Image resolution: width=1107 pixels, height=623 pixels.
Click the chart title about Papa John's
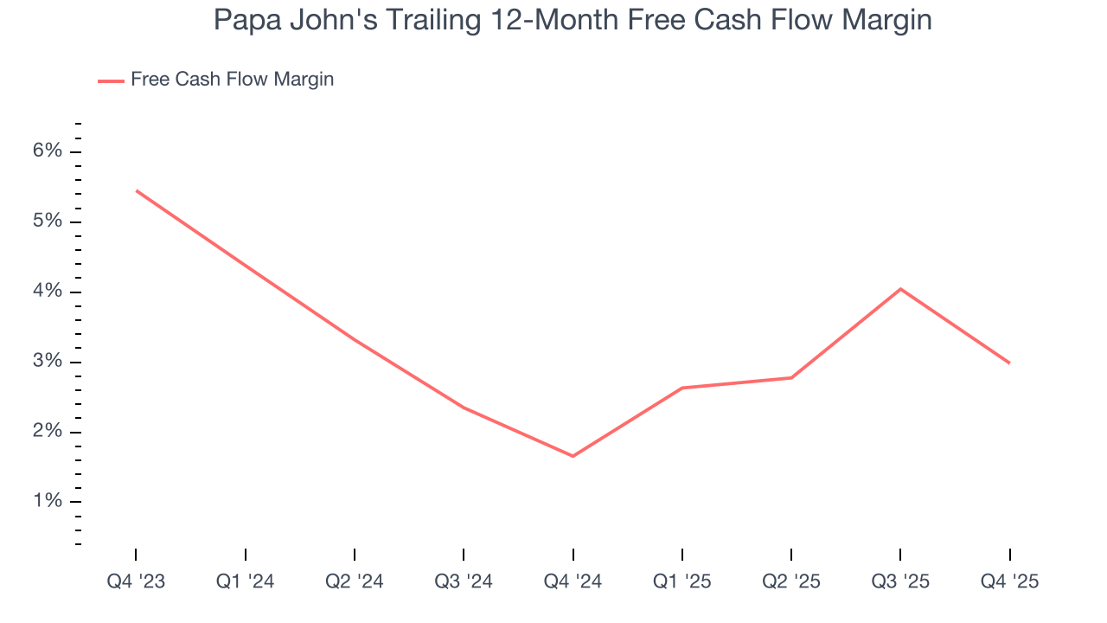(x=573, y=21)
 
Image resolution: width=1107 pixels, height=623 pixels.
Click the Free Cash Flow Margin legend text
(x=232, y=80)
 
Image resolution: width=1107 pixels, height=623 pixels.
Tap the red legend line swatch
(x=111, y=80)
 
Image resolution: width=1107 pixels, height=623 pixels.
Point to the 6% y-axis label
(x=48, y=151)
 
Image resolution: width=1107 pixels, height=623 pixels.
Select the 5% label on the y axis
(x=48, y=222)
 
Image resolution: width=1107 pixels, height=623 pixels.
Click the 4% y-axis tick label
(x=48, y=292)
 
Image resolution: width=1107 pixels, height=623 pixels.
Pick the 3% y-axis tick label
(x=48, y=362)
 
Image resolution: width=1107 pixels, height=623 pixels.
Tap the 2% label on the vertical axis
(x=48, y=432)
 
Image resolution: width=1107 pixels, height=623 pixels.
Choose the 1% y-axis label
(x=48, y=502)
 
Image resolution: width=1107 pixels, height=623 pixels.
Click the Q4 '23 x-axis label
(x=136, y=581)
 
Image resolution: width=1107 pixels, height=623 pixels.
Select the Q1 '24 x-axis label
(x=246, y=581)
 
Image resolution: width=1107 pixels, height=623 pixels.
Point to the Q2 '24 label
(x=355, y=581)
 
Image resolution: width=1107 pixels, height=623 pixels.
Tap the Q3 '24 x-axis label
(x=464, y=581)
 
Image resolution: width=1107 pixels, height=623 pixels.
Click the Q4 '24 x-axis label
(x=573, y=581)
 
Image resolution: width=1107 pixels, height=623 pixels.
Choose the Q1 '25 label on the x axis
(x=682, y=581)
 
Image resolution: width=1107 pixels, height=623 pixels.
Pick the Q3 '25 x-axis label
(x=900, y=581)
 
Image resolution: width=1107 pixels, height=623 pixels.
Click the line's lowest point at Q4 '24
(x=573, y=456)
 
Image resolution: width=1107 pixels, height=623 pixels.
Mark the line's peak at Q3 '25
(x=900, y=289)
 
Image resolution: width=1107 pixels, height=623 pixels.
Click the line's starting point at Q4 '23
(x=137, y=190)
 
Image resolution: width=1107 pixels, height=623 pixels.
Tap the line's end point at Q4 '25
(x=1009, y=363)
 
